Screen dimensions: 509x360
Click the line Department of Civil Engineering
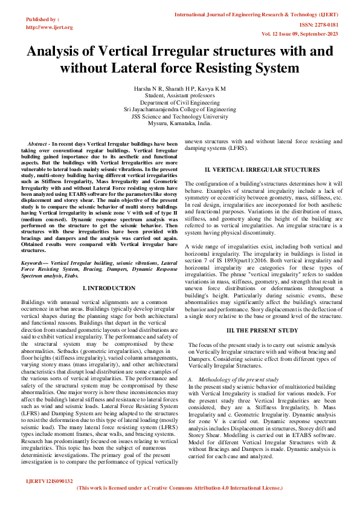pos(179,102)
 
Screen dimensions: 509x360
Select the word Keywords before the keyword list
pos(34,264)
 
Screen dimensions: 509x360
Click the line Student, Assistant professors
pos(179,95)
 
